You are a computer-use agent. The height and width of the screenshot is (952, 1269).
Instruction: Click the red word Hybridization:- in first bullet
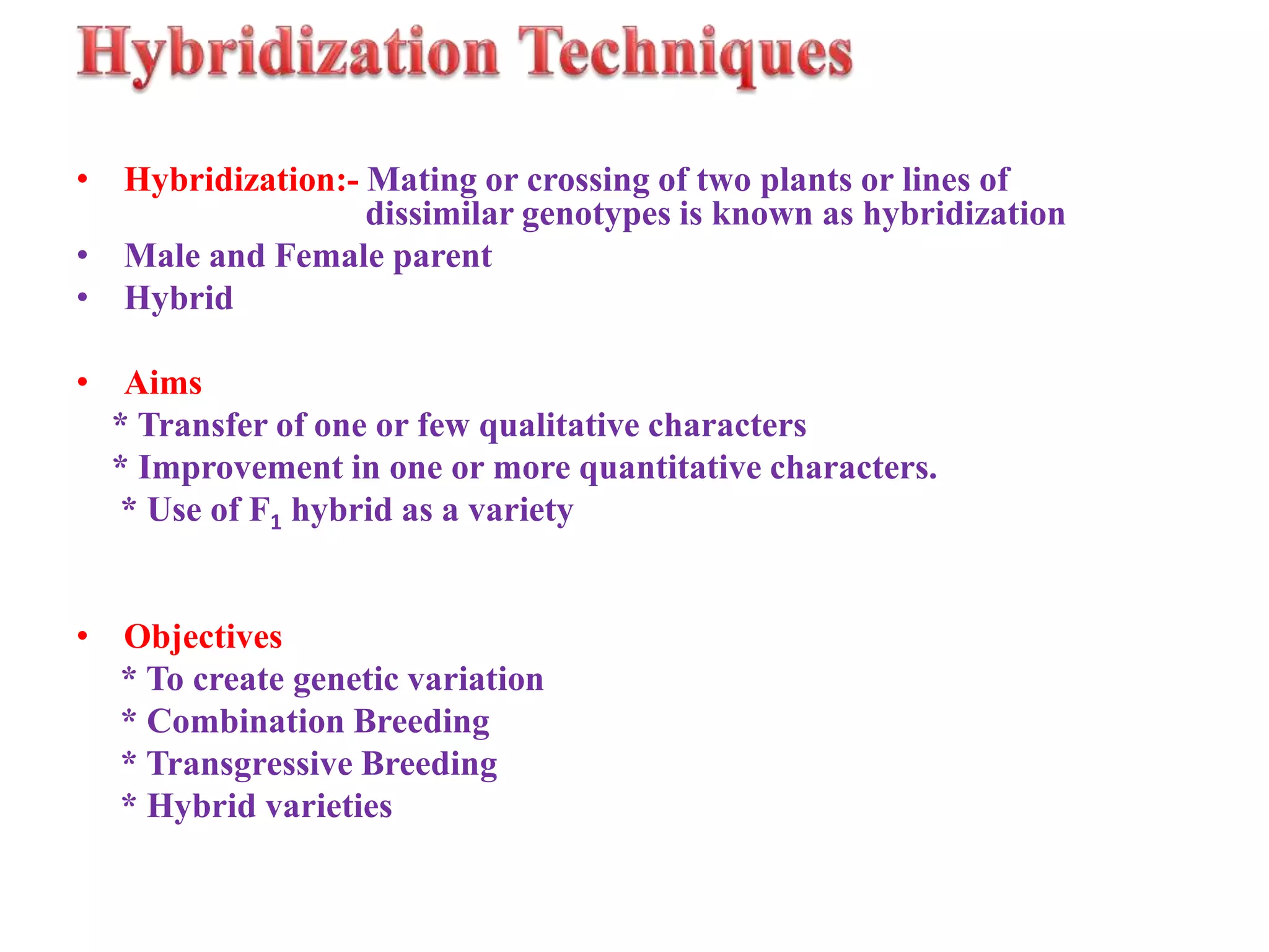pyautogui.click(x=241, y=180)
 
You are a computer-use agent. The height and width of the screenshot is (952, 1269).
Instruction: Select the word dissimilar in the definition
pyautogui.click(x=439, y=214)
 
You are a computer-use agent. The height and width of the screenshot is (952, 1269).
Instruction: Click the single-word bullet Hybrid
pyautogui.click(x=178, y=299)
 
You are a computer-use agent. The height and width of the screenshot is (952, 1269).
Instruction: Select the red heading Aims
pyautogui.click(x=163, y=383)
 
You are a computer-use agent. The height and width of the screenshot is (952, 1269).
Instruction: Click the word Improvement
pyautogui.click(x=240, y=468)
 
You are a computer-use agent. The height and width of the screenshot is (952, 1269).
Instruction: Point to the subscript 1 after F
pyautogui.click(x=276, y=522)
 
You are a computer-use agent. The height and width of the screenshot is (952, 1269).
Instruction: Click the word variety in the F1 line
pyautogui.click(x=520, y=511)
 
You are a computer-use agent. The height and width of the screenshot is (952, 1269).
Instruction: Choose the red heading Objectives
pyautogui.click(x=203, y=637)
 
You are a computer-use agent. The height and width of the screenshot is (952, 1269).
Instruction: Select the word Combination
pyautogui.click(x=245, y=721)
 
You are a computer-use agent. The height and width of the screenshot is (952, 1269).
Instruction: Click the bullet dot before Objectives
pyautogui.click(x=82, y=637)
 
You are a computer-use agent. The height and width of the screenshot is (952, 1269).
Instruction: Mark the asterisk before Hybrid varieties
pyautogui.click(x=129, y=803)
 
